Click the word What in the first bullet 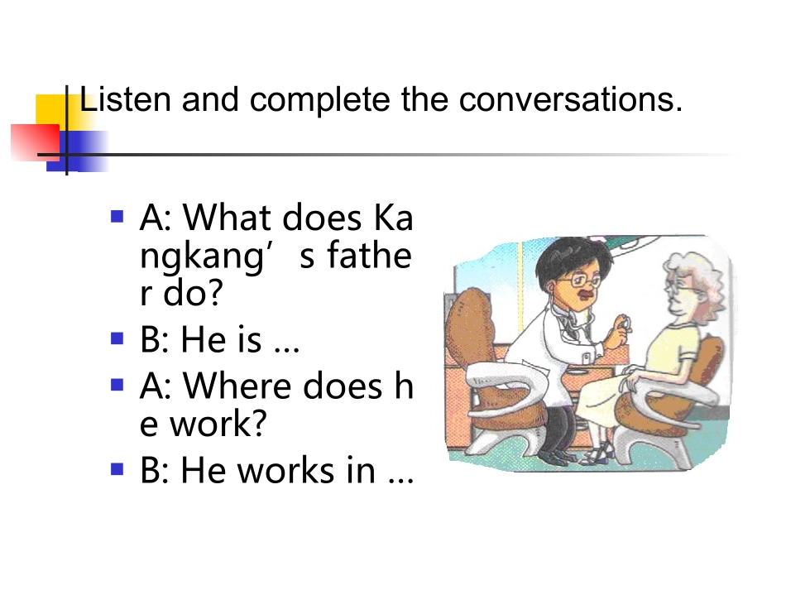[228, 218]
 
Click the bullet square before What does [117, 218]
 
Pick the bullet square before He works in [117, 470]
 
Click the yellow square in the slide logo [51, 112]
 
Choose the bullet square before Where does [117, 385]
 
